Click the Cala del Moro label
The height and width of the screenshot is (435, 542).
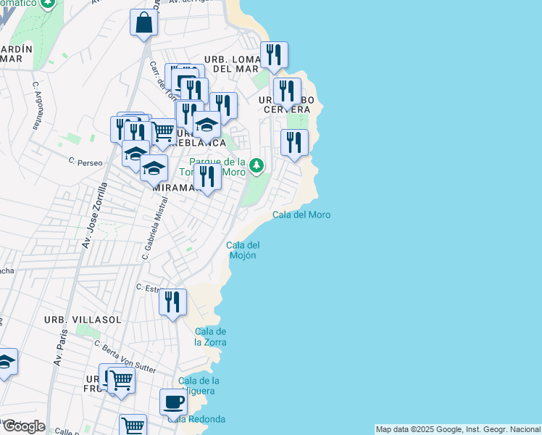(301, 215)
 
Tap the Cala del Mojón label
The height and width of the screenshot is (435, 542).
(243, 250)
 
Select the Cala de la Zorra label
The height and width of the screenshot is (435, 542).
(210, 336)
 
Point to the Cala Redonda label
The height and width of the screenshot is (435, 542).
(196, 419)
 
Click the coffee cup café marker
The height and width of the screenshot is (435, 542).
(173, 402)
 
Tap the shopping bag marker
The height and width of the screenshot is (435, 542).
(144, 22)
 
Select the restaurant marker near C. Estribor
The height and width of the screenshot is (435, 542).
(172, 302)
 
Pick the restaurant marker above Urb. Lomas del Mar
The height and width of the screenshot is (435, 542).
(274, 55)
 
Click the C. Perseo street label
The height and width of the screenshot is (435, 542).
(83, 160)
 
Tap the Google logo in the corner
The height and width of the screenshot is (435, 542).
(23, 426)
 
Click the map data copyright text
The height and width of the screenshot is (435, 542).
(458, 429)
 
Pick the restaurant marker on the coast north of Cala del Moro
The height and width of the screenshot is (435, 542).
(294, 142)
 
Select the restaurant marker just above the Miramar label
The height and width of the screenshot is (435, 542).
(208, 176)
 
